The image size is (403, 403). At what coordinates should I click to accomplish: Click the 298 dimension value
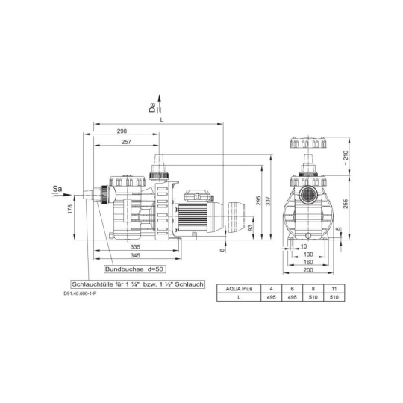(x=122, y=131)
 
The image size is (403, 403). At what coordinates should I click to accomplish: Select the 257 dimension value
(x=126, y=142)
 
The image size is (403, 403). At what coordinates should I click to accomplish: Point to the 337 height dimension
(x=268, y=201)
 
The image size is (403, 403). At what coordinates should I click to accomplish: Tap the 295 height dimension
(x=258, y=201)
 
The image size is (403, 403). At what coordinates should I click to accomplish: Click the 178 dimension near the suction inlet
(x=70, y=209)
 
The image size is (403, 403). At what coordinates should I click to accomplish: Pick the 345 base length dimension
(x=135, y=255)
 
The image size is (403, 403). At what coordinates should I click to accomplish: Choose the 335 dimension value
(x=135, y=247)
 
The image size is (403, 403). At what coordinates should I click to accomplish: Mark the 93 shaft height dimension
(x=250, y=227)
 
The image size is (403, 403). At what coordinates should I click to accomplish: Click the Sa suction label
(x=57, y=189)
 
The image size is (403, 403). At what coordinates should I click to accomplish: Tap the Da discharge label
(x=152, y=107)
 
